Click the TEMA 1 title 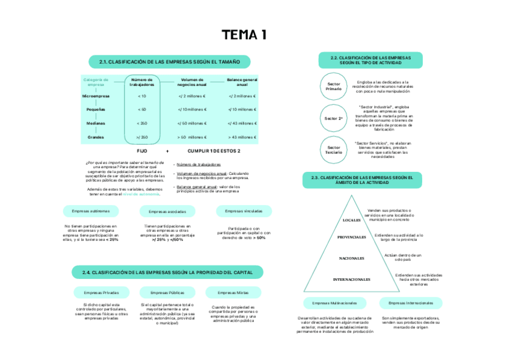[x=244, y=35]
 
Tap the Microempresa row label [x=96, y=96]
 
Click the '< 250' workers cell [x=142, y=123]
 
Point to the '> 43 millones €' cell [x=242, y=137]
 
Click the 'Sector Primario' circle [x=333, y=86]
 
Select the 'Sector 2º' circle [x=333, y=118]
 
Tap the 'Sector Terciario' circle [x=333, y=150]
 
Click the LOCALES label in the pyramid [x=351, y=220]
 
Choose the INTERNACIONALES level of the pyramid [x=351, y=279]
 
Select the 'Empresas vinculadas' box [x=244, y=211]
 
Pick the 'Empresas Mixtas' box [x=233, y=293]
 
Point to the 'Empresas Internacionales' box [x=411, y=303]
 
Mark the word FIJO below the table [x=142, y=151]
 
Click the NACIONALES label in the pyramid [x=351, y=258]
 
